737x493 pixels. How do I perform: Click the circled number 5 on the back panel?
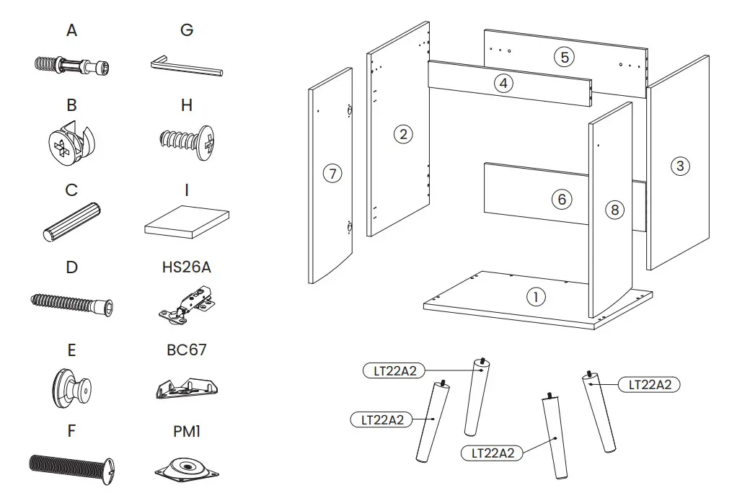point(564,57)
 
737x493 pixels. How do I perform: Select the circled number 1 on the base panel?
point(535,296)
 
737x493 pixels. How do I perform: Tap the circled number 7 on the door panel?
point(332,174)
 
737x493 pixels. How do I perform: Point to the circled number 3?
point(679,166)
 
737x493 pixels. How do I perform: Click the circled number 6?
point(562,199)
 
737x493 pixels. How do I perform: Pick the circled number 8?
point(614,210)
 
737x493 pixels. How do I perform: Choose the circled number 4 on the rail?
point(503,83)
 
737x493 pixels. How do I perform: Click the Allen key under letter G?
point(186,67)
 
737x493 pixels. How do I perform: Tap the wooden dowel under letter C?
point(71,221)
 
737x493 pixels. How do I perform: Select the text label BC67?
point(186,350)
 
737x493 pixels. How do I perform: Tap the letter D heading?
point(71,267)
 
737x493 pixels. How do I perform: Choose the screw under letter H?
point(186,141)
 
